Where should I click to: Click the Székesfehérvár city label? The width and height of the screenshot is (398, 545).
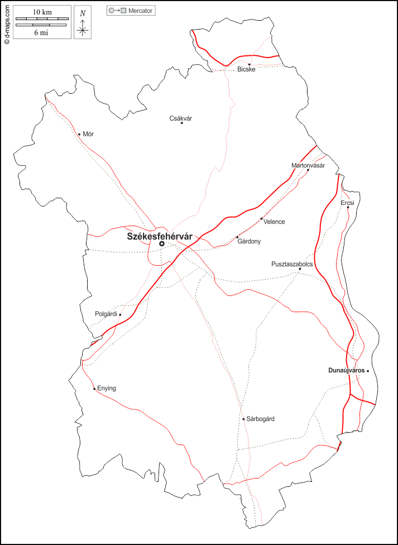pos(160,237)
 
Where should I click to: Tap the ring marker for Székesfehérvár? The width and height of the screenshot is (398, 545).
pos(162,243)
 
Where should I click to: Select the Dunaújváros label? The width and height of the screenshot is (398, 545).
pos(346,370)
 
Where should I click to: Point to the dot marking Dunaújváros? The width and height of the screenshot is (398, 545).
pos(368,370)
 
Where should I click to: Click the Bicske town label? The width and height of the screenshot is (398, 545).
pos(246,69)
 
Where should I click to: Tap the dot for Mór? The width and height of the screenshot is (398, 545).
pos(79,134)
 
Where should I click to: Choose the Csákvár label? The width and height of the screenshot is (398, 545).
pos(180,118)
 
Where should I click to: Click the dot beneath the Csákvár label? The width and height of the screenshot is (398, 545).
pos(181,123)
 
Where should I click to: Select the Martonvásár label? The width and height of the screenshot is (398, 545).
pos(308,165)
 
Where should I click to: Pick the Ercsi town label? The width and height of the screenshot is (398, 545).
pos(347,203)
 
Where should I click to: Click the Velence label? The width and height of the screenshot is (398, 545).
pos(274,222)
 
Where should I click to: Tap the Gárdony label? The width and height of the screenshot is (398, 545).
pos(249,241)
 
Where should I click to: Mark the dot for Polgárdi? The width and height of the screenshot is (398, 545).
pos(120,314)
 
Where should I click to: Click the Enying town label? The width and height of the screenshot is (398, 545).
pos(107,388)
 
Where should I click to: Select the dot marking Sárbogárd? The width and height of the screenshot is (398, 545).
pos(243,419)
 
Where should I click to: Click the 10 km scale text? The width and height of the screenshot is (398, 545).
pos(42,12)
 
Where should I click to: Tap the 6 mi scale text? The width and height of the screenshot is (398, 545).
pos(42,32)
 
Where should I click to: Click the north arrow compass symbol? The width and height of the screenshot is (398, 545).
pos(83,26)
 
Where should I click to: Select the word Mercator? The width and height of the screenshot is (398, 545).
pos(140,11)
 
